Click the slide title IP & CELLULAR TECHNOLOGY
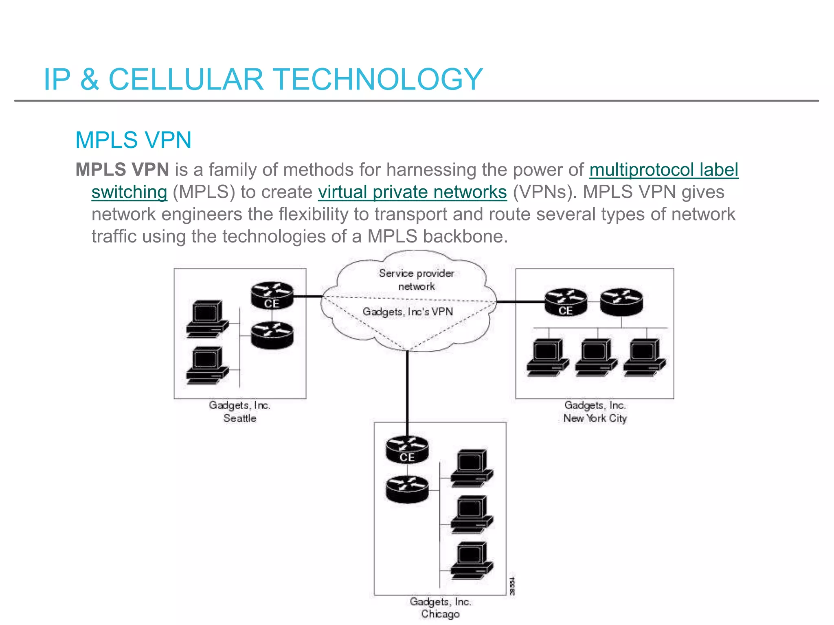pyautogui.click(x=263, y=79)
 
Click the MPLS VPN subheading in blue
pyautogui.click(x=133, y=140)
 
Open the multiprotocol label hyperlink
pyautogui.click(x=664, y=170)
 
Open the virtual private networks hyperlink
pyautogui.click(x=412, y=192)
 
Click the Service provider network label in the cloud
pyautogui.click(x=416, y=280)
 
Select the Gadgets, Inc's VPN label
pyautogui.click(x=408, y=312)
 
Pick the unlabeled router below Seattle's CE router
pyautogui.click(x=272, y=335)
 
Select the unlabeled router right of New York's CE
pyautogui.click(x=621, y=302)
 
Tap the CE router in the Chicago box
pyautogui.click(x=407, y=450)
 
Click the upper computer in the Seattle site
pyautogui.click(x=207, y=319)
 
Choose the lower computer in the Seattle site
pyautogui.click(x=207, y=365)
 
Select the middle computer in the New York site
pyautogui.click(x=596, y=357)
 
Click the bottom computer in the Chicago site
pyautogui.click(x=472, y=561)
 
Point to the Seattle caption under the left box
pyautogui.click(x=239, y=418)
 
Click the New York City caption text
pyautogui.click(x=595, y=418)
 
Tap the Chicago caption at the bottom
pyautogui.click(x=440, y=614)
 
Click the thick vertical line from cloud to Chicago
pyautogui.click(x=407, y=387)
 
